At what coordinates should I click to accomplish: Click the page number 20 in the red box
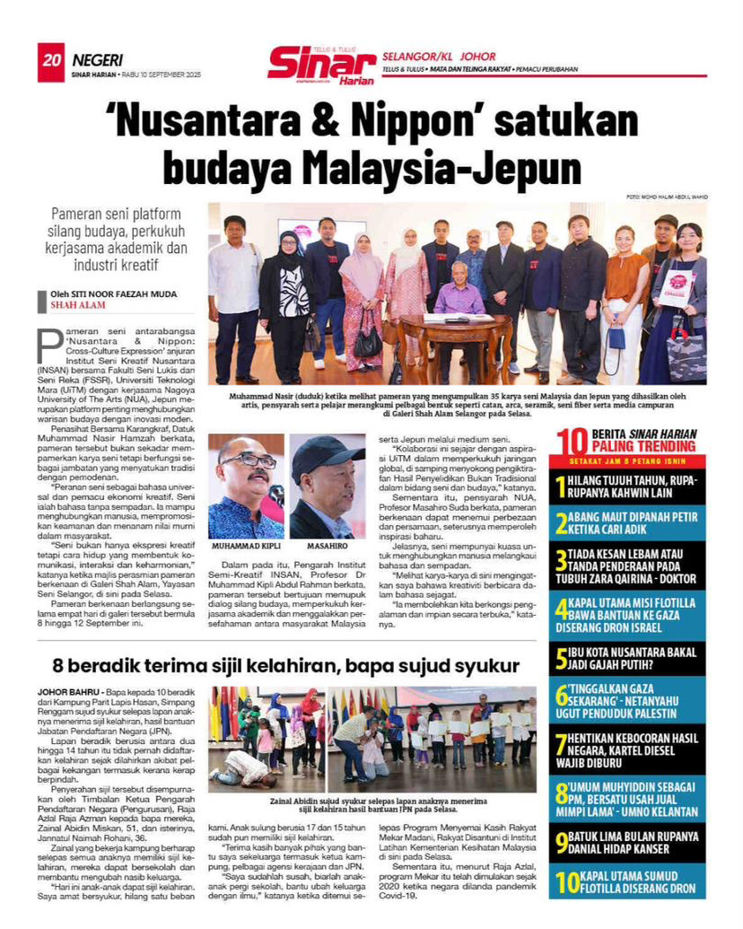pos(50,60)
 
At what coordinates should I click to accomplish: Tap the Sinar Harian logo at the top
pos(321,66)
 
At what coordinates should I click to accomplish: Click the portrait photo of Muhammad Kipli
pos(246,486)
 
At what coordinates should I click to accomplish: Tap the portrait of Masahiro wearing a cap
pos(327,486)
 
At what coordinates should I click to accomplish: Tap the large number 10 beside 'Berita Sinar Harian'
pos(571,440)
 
